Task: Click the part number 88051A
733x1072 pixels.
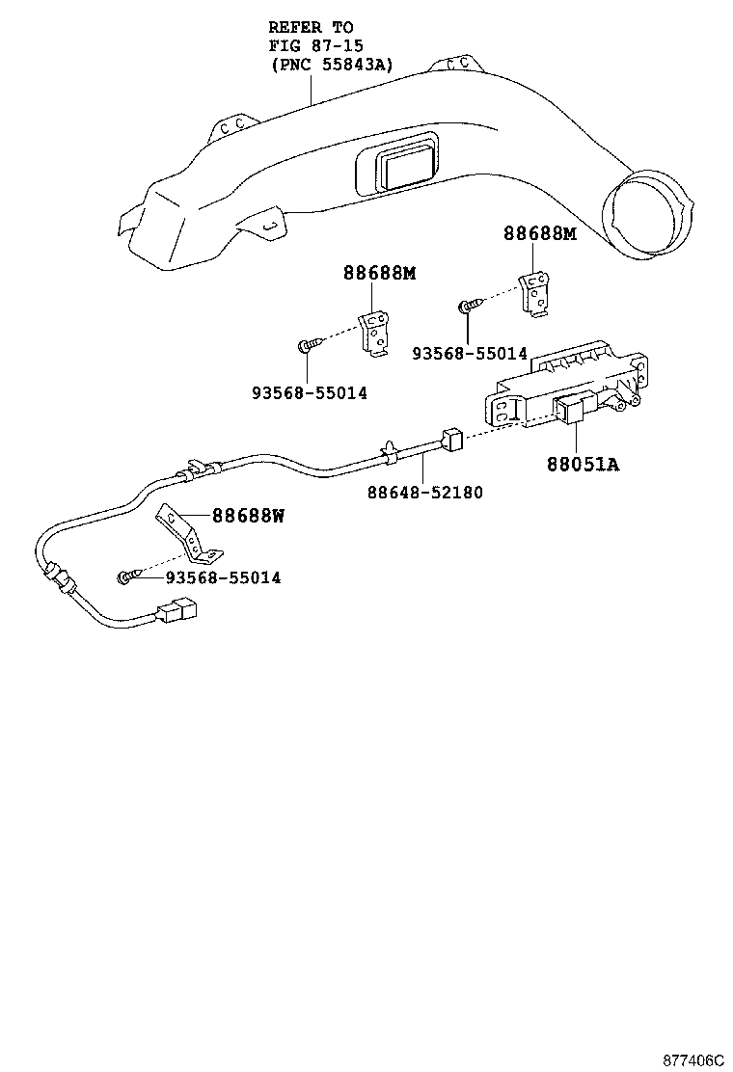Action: pos(583,465)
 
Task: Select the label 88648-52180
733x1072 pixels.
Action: pos(424,493)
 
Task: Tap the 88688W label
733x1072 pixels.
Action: pos(248,516)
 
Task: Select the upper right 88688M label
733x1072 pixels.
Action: pos(539,233)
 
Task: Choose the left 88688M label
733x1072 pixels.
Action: pos(379,273)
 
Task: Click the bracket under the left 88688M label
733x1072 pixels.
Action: pos(375,334)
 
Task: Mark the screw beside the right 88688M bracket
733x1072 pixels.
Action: pos(466,307)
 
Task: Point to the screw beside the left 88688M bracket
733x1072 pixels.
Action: pos(306,344)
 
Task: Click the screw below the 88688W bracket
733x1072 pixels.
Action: pos(126,577)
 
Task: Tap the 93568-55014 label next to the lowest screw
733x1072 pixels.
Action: pos(223,578)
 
